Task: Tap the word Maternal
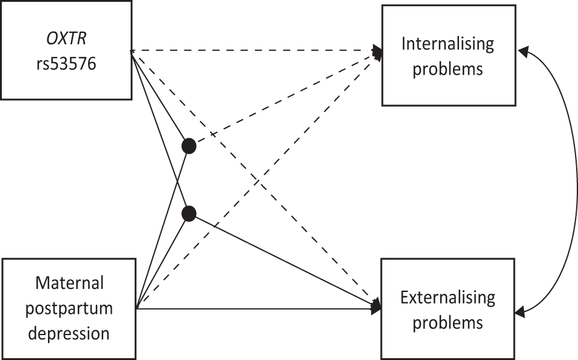point(70,283)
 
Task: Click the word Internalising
point(448,44)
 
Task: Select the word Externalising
point(447,297)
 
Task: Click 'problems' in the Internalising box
point(448,68)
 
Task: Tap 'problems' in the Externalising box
point(447,322)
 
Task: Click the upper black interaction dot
point(189,146)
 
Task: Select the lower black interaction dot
point(189,213)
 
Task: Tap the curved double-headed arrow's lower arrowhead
point(520,312)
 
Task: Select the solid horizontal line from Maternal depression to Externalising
point(255,309)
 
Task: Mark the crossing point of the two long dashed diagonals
point(256,180)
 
